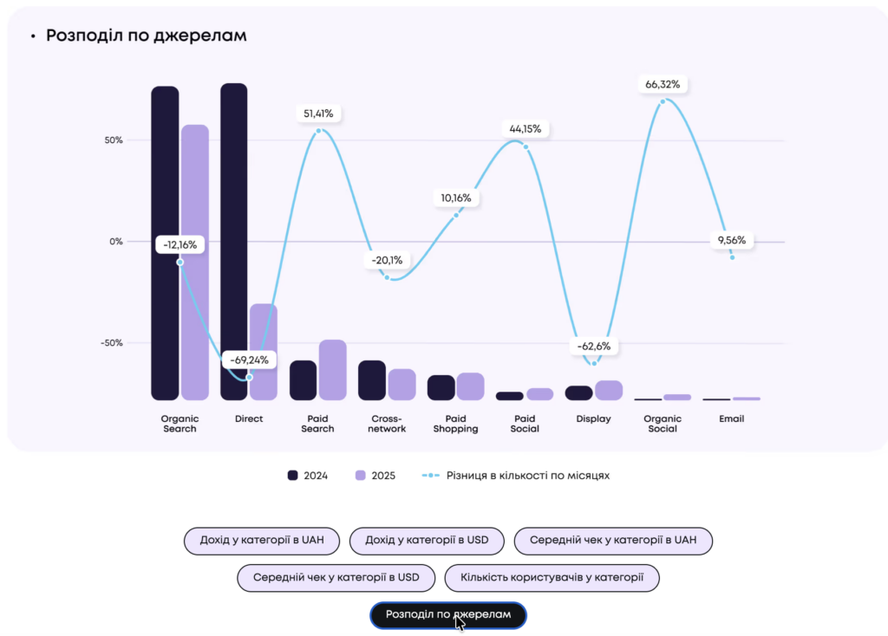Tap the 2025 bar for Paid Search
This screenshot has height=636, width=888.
(x=332, y=370)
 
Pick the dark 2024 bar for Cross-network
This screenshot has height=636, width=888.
(x=372, y=380)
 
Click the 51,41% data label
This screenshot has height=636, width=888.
(x=318, y=114)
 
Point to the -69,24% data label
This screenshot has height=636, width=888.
(x=249, y=360)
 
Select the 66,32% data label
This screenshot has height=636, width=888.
(x=663, y=85)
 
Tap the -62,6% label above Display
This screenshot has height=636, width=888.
(x=594, y=347)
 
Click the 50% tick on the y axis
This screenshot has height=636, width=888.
(x=115, y=140)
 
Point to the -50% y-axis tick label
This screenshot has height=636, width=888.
(x=113, y=343)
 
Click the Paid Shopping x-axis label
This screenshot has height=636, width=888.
(x=455, y=424)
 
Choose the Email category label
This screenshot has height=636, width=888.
(x=731, y=419)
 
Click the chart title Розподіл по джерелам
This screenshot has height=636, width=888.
(x=146, y=36)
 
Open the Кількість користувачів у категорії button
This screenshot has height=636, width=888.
(x=552, y=577)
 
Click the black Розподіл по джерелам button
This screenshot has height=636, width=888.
(x=447, y=615)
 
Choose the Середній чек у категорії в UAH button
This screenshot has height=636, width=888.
(x=614, y=541)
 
